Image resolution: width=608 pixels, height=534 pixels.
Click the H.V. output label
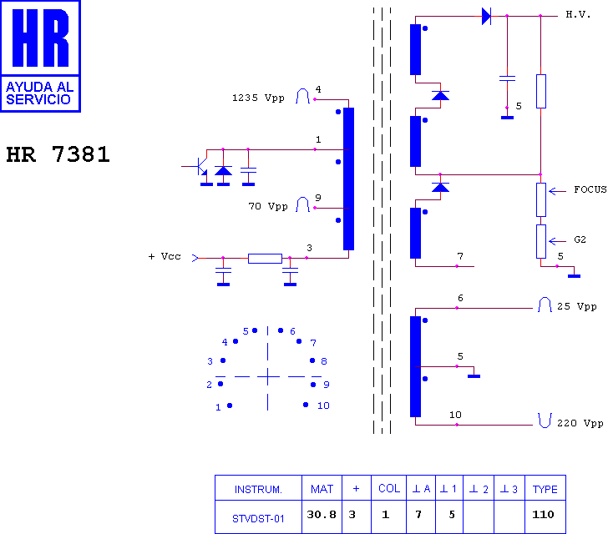click(578, 15)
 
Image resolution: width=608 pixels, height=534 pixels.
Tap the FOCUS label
click(590, 189)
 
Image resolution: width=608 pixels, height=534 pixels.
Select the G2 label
click(580, 239)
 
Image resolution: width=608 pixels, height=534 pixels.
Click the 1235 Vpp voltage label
click(258, 98)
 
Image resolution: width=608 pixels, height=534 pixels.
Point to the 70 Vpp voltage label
click(268, 206)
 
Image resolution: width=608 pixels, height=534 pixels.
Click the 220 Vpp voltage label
click(580, 423)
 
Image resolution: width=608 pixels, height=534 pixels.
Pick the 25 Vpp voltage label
click(576, 306)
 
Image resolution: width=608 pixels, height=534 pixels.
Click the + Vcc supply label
click(165, 256)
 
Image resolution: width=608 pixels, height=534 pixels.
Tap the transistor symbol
click(200, 167)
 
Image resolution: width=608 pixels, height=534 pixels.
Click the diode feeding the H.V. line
click(486, 17)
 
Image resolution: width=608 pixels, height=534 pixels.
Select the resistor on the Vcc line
click(265, 259)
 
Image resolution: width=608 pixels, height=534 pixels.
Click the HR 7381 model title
click(58, 154)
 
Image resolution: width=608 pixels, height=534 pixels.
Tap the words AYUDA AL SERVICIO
click(39, 93)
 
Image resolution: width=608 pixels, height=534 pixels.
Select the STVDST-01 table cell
click(258, 516)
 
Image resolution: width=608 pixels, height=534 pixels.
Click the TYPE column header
click(545, 488)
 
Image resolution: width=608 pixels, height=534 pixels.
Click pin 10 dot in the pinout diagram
click(306, 405)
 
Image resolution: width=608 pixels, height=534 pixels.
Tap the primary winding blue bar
click(348, 179)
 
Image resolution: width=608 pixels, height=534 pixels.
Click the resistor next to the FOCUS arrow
click(541, 199)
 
